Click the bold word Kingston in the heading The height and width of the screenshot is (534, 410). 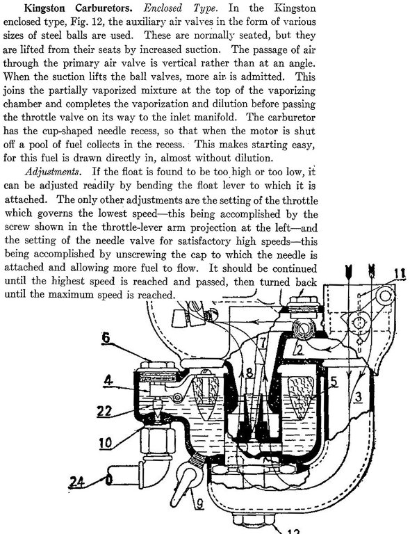44,8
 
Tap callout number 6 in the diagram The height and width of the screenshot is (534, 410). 106,338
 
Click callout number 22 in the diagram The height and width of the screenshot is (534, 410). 104,411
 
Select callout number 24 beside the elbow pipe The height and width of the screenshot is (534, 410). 77,483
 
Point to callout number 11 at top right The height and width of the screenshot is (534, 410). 400,273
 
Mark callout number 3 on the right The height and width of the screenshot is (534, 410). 358,397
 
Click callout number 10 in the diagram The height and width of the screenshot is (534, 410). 106,443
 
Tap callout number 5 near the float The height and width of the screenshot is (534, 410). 334,382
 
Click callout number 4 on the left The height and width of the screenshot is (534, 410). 108,380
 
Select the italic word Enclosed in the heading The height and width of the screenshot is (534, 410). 163,8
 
